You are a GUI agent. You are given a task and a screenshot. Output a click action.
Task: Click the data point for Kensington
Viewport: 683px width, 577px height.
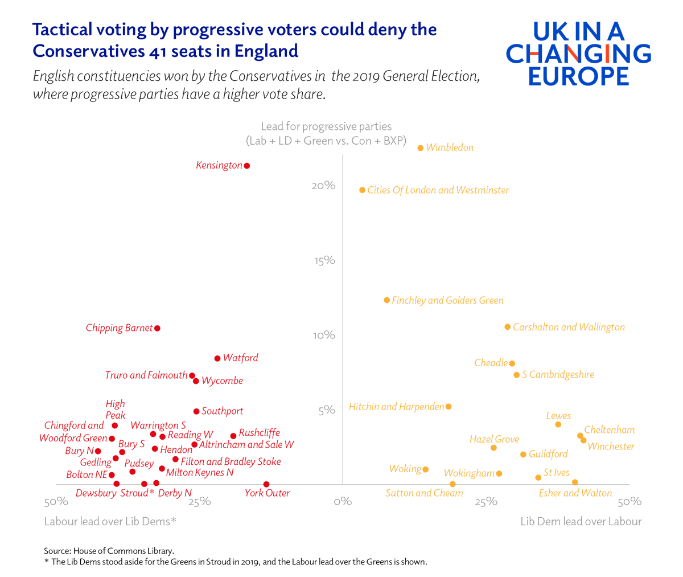247,166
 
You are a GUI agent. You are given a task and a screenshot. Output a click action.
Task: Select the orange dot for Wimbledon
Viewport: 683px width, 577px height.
421,148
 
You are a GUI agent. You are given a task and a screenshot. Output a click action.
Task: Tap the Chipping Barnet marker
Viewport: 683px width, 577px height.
158,328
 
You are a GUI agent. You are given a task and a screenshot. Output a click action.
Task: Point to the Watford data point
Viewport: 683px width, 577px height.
217,358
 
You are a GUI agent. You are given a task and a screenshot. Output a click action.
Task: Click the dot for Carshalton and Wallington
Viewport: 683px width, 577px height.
508,327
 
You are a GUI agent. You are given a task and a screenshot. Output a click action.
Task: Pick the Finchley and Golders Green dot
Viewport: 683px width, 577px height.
387,300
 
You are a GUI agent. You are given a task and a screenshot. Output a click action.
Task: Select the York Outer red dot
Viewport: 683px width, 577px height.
266,484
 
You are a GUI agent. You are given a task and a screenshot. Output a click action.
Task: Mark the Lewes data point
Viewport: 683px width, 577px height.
558,424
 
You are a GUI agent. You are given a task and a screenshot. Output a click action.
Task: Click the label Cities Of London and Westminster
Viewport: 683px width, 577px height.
438,190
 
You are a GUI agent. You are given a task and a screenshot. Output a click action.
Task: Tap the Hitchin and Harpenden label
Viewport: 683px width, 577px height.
396,407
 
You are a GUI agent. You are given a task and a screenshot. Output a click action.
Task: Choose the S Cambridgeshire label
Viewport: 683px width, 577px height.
558,375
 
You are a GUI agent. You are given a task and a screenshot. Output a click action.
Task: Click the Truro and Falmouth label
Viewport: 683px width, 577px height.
146,375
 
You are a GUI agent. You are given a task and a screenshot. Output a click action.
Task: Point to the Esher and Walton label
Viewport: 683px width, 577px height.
575,493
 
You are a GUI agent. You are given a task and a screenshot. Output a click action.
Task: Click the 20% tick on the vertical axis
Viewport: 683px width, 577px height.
323,186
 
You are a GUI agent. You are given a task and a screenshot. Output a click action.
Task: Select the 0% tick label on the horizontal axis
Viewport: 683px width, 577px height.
343,502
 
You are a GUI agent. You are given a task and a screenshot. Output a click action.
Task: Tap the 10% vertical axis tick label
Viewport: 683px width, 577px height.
323,335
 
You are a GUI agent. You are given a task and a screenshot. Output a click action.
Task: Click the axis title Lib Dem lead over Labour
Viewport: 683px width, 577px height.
581,521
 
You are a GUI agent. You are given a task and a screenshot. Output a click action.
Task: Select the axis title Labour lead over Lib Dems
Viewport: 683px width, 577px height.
110,521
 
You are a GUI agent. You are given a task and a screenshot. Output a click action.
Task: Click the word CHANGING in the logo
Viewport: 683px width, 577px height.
578,54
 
